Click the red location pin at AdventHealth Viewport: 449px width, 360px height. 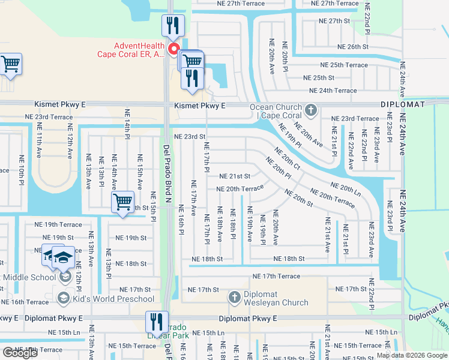[174, 50]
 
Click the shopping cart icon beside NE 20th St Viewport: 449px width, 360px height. [122, 202]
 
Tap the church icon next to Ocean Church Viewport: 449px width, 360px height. [310, 110]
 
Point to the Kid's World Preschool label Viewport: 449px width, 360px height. [113, 299]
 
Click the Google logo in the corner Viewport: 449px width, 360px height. [20, 353]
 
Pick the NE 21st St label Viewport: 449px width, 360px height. [234, 176]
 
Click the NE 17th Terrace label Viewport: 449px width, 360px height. [276, 277]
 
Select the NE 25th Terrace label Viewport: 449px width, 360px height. [343, 65]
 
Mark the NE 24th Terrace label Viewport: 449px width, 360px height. [333, 91]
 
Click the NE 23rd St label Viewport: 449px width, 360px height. [190, 137]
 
